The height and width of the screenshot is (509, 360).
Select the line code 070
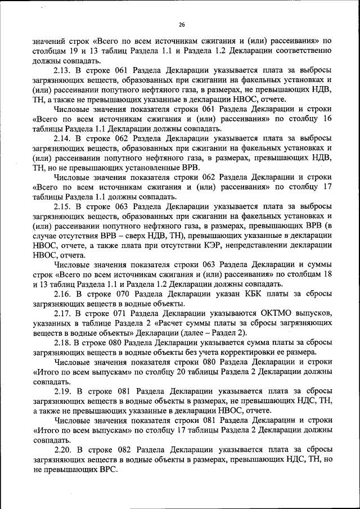(129, 293)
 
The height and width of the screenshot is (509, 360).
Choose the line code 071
(129, 312)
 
